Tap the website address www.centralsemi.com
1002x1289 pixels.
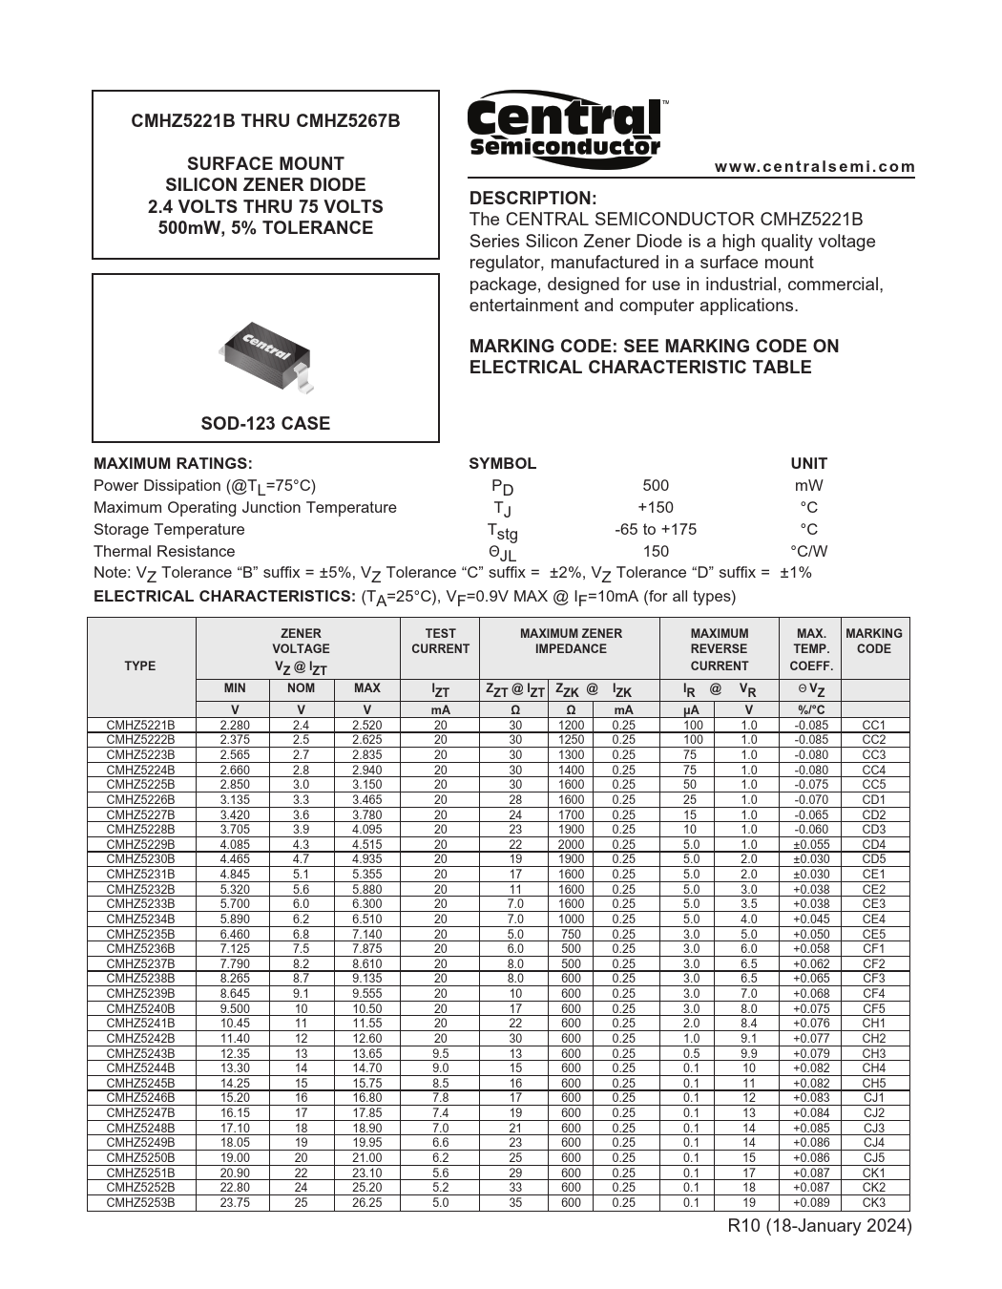click(x=815, y=167)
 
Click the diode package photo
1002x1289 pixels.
click(x=266, y=354)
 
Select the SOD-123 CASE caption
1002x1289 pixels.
click(x=265, y=423)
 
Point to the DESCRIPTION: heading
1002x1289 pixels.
click(x=532, y=199)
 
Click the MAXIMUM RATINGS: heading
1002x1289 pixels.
click(x=173, y=464)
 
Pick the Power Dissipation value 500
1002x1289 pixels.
click(x=656, y=485)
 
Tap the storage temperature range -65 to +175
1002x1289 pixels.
click(x=656, y=529)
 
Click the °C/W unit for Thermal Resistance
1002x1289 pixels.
click(x=808, y=551)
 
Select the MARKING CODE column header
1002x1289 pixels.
click(x=873, y=641)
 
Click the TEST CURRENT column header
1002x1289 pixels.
click(x=440, y=641)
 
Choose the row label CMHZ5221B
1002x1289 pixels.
click(x=140, y=725)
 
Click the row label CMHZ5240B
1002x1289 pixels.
click(x=140, y=1008)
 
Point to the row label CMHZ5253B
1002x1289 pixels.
click(x=140, y=1203)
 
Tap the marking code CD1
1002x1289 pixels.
click(x=873, y=799)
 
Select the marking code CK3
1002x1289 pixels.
click(x=873, y=1203)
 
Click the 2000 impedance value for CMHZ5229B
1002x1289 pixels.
click(x=571, y=844)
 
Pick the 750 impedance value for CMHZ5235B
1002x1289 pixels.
click(x=571, y=934)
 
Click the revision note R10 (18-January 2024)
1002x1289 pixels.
click(x=819, y=1226)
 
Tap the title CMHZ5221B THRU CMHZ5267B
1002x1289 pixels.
click(x=265, y=121)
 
